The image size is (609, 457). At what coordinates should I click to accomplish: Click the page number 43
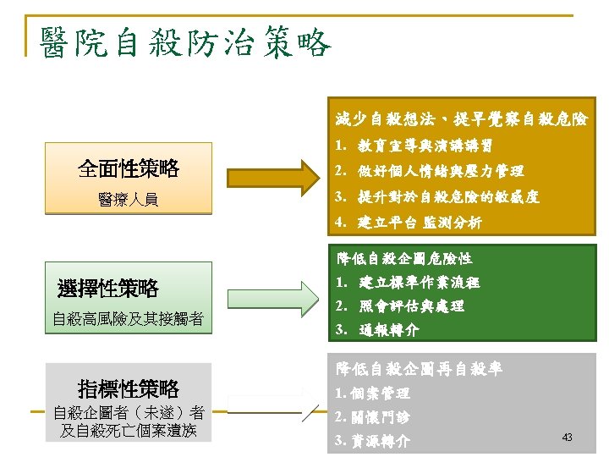pos(567,437)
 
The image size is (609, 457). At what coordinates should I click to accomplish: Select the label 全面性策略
pos(129,169)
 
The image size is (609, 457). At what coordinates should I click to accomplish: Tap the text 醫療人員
pos(129,201)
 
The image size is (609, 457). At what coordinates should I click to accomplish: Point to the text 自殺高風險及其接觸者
pos(128,319)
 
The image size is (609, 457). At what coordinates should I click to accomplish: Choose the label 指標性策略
pos(129,389)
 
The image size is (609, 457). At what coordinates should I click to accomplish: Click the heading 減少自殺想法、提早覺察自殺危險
pos(461,118)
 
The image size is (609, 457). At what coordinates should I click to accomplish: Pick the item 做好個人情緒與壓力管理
pos(440,171)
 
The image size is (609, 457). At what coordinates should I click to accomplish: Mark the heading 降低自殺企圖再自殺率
pos(420,369)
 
